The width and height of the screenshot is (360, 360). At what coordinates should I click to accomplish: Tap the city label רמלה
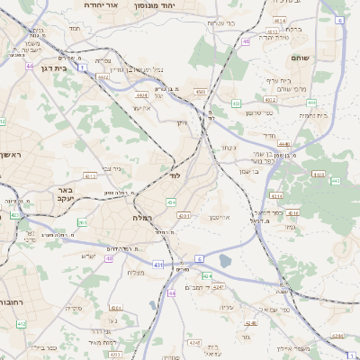click(142, 218)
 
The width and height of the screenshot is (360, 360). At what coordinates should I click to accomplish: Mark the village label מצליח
click(136, 273)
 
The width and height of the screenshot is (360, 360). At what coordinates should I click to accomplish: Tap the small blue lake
click(224, 261)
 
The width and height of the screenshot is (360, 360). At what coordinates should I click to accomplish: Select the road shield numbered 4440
click(284, 143)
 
